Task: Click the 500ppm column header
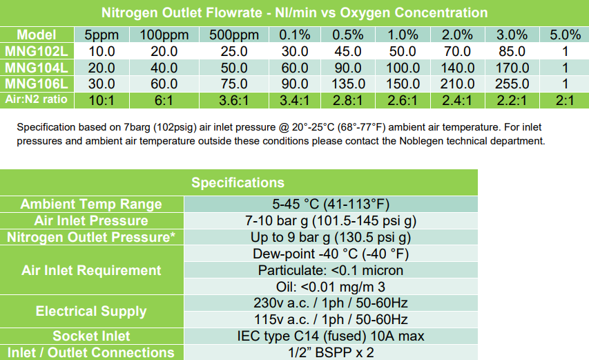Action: point(234,35)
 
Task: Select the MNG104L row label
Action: point(37,68)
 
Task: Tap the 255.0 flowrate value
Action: point(512,84)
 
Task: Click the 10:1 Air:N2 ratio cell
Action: point(102,100)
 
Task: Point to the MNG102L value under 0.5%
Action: point(348,52)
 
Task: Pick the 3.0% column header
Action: point(512,35)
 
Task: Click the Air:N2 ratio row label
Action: point(37,100)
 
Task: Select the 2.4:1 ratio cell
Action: point(457,100)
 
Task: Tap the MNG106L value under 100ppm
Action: point(164,84)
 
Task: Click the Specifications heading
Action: point(238,182)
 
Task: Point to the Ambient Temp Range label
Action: point(91,204)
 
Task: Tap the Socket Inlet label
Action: point(91,336)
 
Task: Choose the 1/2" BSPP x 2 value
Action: point(331,352)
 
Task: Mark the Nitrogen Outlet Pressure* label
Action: point(91,238)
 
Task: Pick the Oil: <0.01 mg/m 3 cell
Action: point(331,287)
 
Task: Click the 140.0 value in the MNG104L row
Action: point(457,68)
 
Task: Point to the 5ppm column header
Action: point(102,35)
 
